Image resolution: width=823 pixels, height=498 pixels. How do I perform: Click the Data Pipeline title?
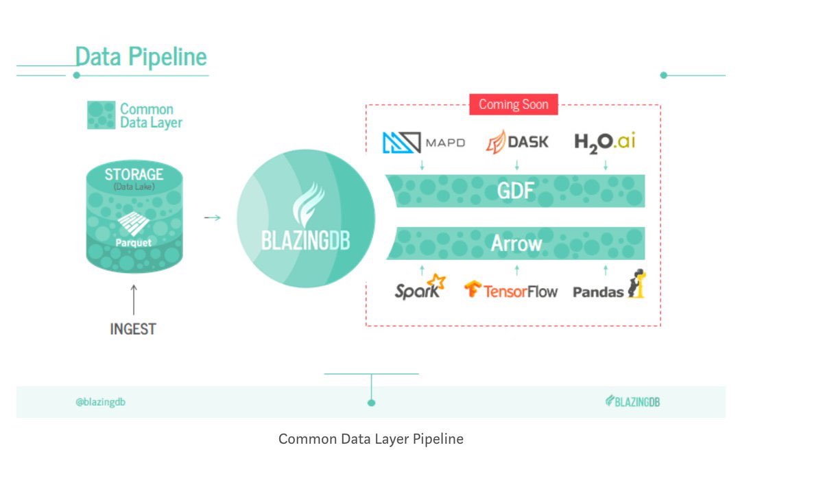(x=141, y=56)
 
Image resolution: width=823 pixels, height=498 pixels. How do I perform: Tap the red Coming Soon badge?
(x=514, y=104)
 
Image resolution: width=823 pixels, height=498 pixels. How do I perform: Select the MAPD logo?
(x=423, y=143)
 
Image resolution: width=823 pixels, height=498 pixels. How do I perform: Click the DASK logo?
(x=517, y=142)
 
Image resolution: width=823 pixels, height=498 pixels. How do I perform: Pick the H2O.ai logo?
(x=605, y=142)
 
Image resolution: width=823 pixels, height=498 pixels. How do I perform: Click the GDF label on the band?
(x=516, y=191)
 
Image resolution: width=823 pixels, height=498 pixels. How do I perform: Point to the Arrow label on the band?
(x=516, y=244)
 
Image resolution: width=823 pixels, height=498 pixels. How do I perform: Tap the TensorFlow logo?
(x=511, y=290)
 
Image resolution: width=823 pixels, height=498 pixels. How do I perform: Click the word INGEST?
(x=133, y=329)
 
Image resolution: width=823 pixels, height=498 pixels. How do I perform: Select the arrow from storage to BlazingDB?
(x=213, y=218)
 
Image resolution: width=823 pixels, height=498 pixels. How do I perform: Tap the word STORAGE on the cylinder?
(x=134, y=174)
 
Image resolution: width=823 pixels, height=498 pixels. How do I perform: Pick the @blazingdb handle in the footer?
(x=100, y=402)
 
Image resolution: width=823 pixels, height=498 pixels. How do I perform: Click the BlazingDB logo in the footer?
(x=632, y=402)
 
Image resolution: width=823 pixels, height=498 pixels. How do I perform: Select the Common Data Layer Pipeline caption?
(x=370, y=439)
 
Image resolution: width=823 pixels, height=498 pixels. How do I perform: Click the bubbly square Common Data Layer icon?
(x=101, y=115)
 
